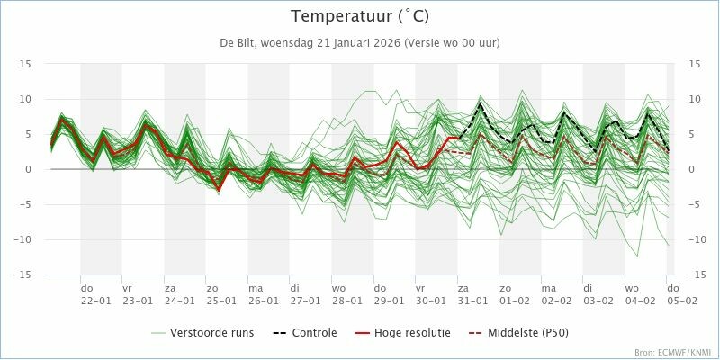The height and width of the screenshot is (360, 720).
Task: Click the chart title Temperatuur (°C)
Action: tap(360, 16)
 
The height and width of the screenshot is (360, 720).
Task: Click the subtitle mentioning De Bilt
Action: tap(360, 43)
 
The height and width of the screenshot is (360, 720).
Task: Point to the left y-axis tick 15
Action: tap(26, 64)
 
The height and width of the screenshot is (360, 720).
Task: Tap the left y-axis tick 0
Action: tap(29, 169)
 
